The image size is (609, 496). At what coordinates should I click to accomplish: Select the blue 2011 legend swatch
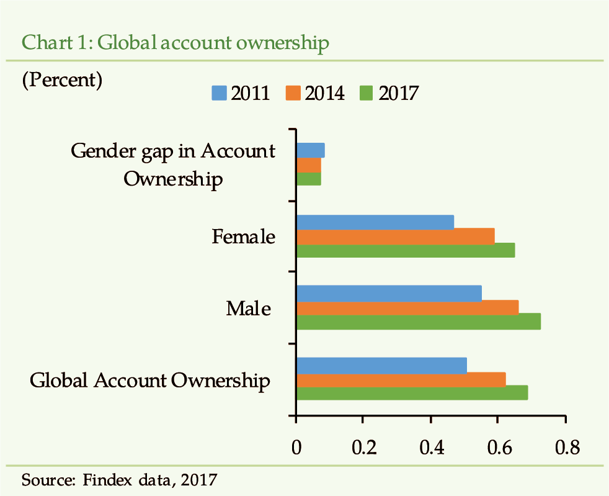click(220, 93)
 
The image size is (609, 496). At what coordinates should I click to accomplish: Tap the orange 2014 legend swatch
click(293, 93)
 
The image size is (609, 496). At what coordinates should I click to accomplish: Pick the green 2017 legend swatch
click(367, 93)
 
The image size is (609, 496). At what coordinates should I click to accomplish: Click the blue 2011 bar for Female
click(375, 222)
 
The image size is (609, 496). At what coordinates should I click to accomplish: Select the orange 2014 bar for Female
click(396, 236)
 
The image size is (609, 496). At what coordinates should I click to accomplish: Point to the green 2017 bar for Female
click(406, 250)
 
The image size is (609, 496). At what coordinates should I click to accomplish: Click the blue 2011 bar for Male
click(389, 293)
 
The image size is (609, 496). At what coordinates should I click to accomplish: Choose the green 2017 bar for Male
click(419, 322)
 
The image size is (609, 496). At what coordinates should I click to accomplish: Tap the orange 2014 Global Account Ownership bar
click(401, 379)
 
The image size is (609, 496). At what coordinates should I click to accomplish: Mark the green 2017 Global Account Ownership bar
click(412, 393)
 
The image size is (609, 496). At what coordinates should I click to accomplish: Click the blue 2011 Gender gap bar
click(311, 150)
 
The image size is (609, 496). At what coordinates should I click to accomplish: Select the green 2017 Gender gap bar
click(309, 179)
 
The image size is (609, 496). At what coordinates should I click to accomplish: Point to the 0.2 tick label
click(363, 448)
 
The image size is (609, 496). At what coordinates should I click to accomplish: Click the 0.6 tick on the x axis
click(498, 448)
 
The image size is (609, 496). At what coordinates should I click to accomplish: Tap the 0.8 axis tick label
click(565, 448)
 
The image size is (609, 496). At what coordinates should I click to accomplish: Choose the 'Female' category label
click(243, 237)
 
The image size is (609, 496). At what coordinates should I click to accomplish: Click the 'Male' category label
click(248, 308)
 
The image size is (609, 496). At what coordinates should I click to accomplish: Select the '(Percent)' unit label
click(62, 80)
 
